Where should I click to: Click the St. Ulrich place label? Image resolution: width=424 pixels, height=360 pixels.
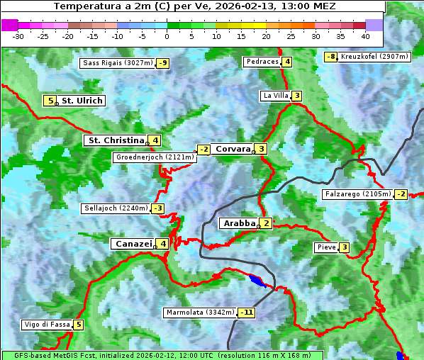(x=82, y=101)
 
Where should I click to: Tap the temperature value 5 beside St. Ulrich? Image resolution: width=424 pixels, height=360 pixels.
(x=49, y=101)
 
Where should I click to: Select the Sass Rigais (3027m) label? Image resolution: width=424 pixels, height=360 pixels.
(x=118, y=63)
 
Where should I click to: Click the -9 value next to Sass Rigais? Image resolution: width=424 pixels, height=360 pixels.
(x=163, y=63)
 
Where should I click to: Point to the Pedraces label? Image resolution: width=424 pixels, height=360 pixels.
(x=262, y=62)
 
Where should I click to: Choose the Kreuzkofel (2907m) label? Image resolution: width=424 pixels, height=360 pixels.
(x=374, y=57)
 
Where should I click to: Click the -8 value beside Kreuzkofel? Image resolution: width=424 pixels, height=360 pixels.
(x=330, y=57)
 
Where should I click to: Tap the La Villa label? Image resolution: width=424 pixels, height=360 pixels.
(x=275, y=96)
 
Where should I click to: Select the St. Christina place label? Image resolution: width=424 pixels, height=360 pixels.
(x=116, y=140)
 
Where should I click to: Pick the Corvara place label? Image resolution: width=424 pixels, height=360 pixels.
(x=233, y=149)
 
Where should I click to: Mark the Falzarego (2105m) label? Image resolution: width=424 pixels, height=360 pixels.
(x=357, y=193)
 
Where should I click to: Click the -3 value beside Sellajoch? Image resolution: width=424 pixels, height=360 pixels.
(x=157, y=208)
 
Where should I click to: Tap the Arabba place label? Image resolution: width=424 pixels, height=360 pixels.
(x=239, y=223)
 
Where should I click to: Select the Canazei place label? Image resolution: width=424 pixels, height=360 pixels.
(x=133, y=244)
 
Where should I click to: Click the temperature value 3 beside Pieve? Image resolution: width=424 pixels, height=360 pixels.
(x=344, y=247)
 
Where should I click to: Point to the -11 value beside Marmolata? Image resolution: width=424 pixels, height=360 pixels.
(x=247, y=312)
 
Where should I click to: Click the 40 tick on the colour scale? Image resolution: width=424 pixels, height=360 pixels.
(x=365, y=35)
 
